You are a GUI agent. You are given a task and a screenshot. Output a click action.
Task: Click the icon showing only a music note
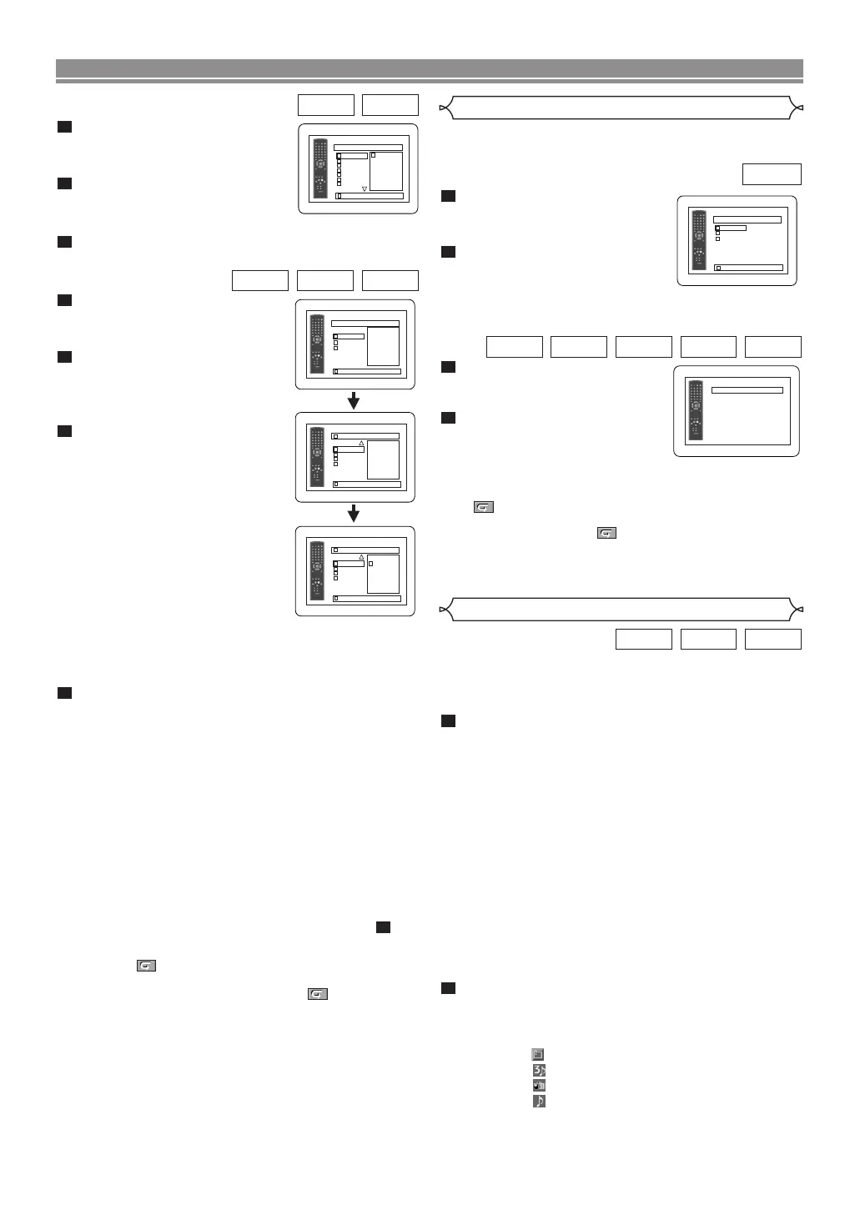[x=539, y=1101]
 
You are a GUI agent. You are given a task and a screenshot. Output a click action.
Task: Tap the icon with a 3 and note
[x=539, y=1070]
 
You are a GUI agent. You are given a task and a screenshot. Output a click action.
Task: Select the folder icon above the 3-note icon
[x=538, y=1054]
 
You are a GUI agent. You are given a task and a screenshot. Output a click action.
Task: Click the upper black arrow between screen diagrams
[x=354, y=400]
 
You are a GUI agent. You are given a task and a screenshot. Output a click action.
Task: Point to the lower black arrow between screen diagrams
[x=354, y=513]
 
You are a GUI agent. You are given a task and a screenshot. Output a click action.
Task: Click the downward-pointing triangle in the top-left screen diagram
[x=365, y=189]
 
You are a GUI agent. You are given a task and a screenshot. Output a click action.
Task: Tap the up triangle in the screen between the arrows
[x=361, y=444]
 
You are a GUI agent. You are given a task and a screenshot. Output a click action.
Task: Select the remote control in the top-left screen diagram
[x=319, y=169]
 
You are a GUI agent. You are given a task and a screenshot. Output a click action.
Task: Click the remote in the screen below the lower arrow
[x=317, y=571]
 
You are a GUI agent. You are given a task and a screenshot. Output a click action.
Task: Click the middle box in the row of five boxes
[x=643, y=347]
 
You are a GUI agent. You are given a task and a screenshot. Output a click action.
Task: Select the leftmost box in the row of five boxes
[x=514, y=347]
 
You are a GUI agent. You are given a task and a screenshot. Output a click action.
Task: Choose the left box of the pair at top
[x=326, y=105]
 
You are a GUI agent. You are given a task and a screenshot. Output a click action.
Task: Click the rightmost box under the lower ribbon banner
[x=772, y=639]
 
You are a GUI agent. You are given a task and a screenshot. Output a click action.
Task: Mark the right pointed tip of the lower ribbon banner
[x=799, y=610]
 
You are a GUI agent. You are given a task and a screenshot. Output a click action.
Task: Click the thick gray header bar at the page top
[x=429, y=68]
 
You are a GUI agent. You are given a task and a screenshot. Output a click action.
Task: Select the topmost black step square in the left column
[x=64, y=127]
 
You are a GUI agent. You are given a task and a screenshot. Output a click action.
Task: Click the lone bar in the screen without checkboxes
[x=747, y=390]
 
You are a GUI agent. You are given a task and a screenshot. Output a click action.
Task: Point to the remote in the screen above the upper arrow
[x=317, y=344]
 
